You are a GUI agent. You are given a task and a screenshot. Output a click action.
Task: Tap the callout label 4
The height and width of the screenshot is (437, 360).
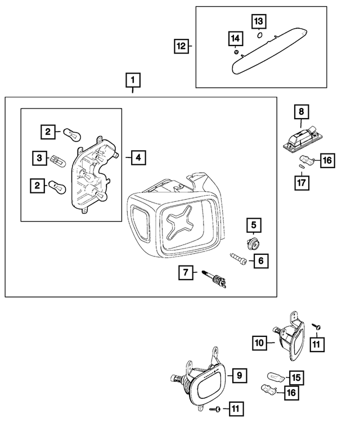pos(137,157)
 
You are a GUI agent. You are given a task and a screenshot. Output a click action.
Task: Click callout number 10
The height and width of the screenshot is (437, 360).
pos(260,341)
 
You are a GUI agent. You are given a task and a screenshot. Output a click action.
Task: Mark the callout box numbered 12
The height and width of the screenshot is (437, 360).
pos(182,46)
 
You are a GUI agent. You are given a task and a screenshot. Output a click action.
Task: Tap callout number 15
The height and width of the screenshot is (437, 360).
pos(296,376)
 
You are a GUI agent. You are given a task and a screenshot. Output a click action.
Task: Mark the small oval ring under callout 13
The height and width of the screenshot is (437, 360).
pos(259,35)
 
